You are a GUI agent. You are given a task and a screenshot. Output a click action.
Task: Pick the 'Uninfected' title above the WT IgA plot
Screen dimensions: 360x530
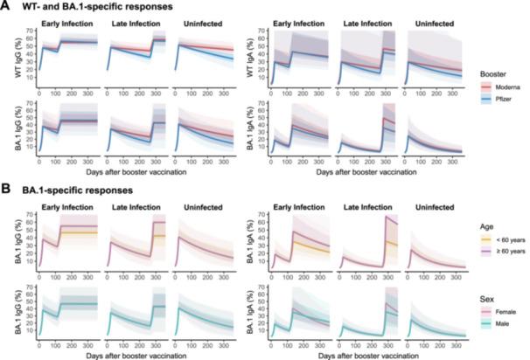click(434, 22)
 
